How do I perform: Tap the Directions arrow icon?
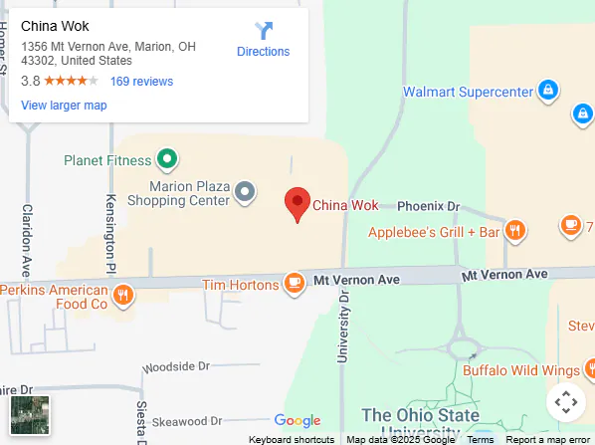click(264, 31)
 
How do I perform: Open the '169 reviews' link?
click(141, 82)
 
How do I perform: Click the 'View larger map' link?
click(64, 106)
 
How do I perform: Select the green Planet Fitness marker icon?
click(168, 159)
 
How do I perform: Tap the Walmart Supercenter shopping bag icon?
click(546, 92)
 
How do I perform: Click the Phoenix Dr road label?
click(429, 206)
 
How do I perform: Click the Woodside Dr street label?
click(175, 366)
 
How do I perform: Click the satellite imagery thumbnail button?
click(30, 415)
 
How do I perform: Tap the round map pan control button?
click(565, 402)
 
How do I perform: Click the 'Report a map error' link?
click(547, 439)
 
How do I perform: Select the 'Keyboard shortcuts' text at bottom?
click(292, 439)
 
